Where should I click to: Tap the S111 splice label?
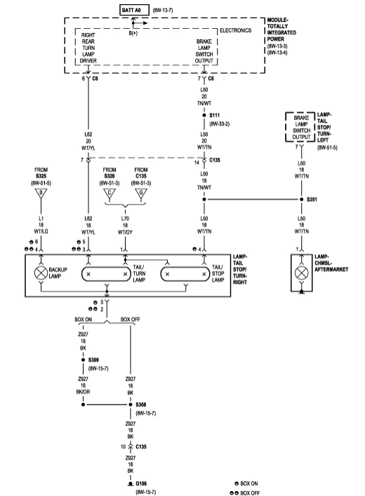[214, 113]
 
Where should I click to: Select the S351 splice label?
[312, 199]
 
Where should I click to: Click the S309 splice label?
[95, 359]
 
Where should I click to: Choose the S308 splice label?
[141, 405]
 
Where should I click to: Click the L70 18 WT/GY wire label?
[125, 226]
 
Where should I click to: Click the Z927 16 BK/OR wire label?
[84, 385]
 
